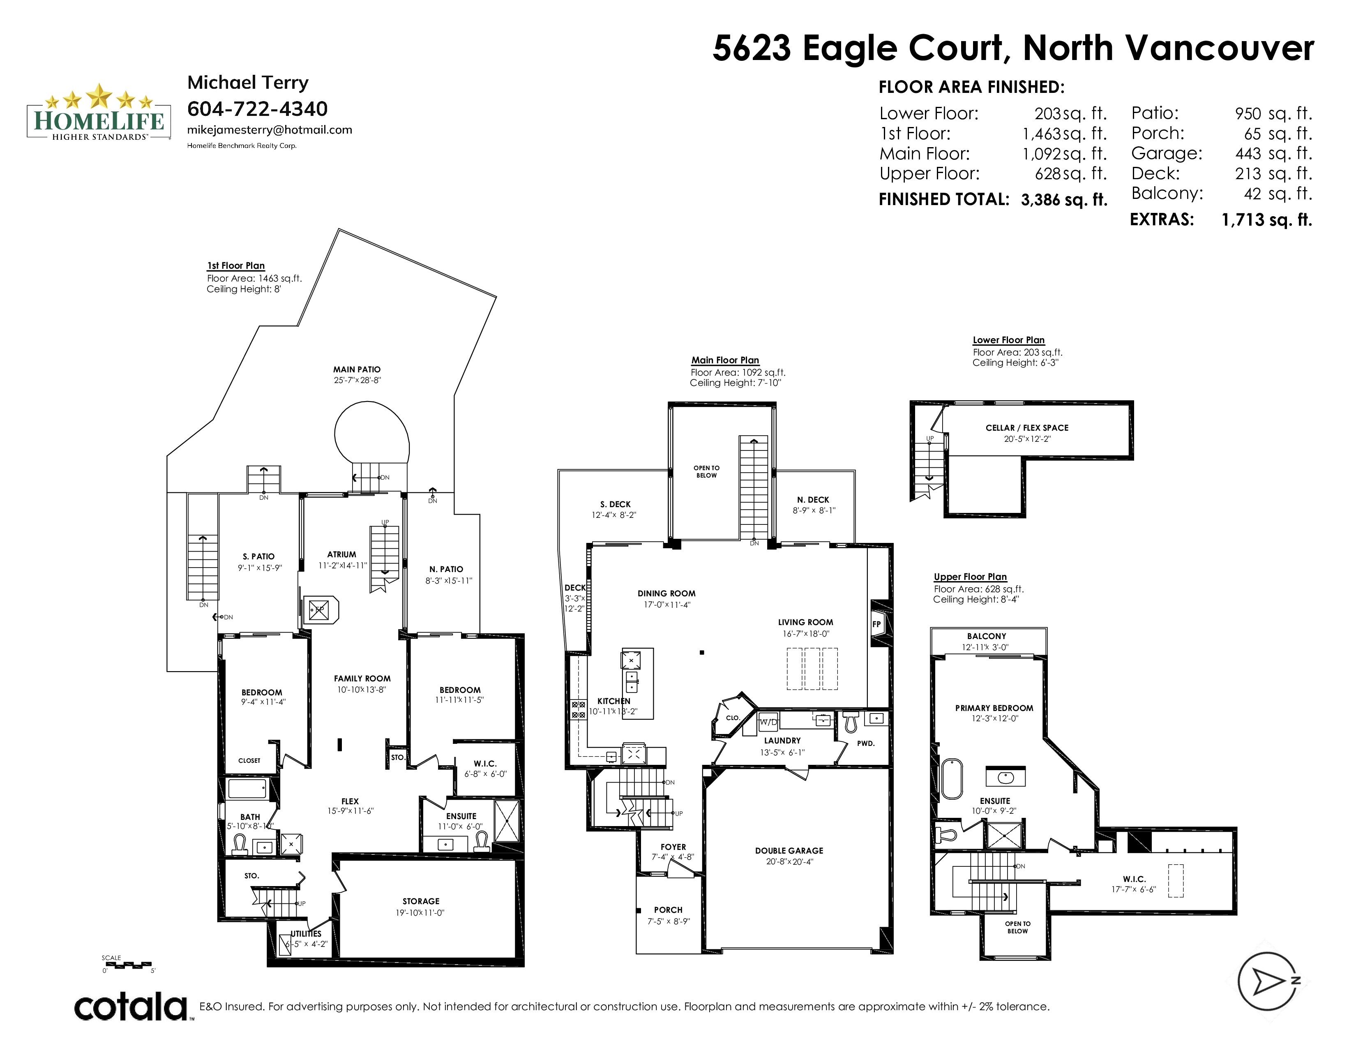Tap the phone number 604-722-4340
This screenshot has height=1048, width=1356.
(257, 108)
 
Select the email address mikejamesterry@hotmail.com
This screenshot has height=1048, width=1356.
(270, 130)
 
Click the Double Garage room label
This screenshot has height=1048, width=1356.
(789, 851)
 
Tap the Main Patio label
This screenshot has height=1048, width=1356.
(357, 369)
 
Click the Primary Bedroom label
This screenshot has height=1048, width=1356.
(994, 708)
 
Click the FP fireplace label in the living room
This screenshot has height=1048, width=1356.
(877, 624)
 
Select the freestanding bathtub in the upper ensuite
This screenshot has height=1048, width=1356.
(951, 778)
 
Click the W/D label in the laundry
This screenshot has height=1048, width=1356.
(769, 722)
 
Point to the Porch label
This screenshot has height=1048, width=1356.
(668, 909)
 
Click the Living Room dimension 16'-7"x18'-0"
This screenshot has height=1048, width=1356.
(806, 634)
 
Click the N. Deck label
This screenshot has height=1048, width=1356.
(813, 499)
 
